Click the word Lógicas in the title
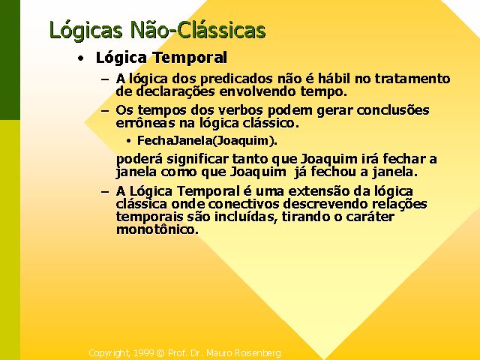click(x=85, y=31)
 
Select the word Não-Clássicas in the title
click(x=198, y=30)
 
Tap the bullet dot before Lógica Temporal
click(x=80, y=58)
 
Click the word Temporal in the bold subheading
click(x=190, y=58)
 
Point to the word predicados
click(x=236, y=79)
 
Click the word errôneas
click(x=145, y=123)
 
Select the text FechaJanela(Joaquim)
click(x=207, y=141)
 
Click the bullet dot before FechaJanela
click(x=128, y=141)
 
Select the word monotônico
click(x=157, y=229)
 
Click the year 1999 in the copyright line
click(x=143, y=353)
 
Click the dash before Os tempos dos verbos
click(x=105, y=111)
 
